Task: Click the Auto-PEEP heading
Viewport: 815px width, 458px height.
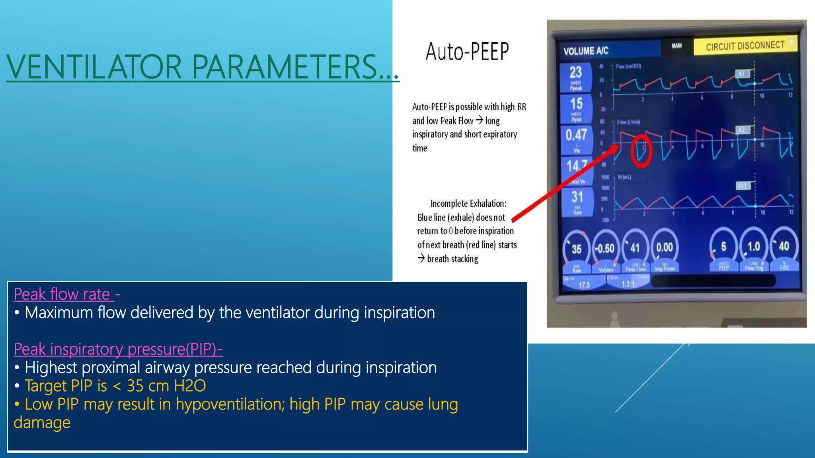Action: click(x=467, y=52)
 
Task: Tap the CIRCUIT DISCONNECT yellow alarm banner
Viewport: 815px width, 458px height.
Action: click(x=745, y=46)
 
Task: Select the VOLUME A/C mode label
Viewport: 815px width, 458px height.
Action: click(x=586, y=51)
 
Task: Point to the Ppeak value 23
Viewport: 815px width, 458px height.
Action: click(x=576, y=72)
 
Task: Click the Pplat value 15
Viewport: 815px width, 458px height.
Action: click(x=576, y=104)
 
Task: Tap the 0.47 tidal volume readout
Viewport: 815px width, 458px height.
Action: click(x=576, y=135)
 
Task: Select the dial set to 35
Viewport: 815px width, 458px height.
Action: click(x=577, y=249)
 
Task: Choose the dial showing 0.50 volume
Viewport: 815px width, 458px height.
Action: click(x=605, y=249)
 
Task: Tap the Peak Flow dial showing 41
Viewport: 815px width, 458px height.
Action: click(x=635, y=248)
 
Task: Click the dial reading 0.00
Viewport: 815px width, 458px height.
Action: click(x=664, y=248)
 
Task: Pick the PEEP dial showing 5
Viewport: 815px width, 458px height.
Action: click(x=723, y=247)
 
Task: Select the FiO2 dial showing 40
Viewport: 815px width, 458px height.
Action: click(x=784, y=246)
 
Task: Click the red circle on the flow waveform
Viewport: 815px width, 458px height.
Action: click(x=641, y=151)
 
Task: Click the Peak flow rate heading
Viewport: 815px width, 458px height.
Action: click(x=62, y=294)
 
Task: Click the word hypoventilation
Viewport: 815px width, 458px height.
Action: click(x=230, y=404)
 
